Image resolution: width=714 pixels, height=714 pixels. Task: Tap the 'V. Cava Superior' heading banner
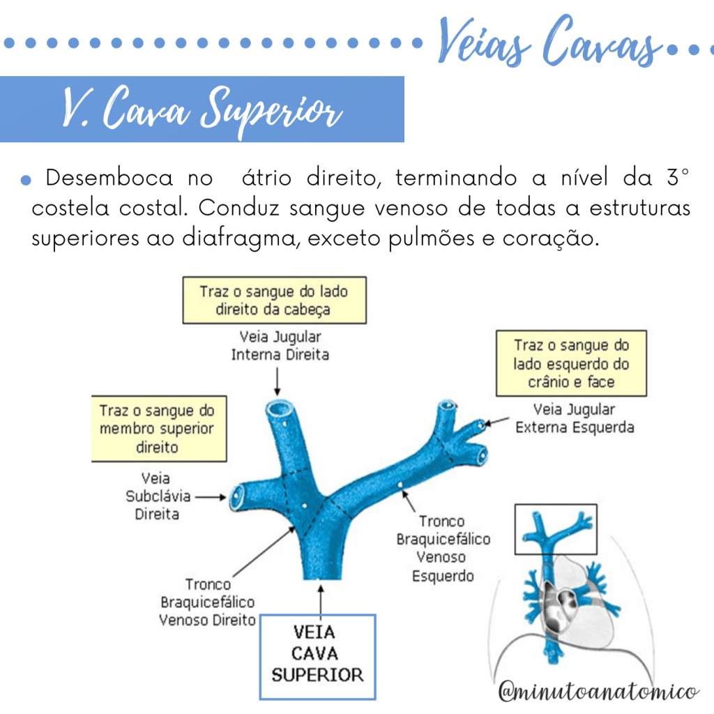202,109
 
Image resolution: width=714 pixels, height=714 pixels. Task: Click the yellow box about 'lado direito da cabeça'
274,300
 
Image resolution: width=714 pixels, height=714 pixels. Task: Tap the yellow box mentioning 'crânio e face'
571,363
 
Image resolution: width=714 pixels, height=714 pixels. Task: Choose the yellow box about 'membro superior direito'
159,428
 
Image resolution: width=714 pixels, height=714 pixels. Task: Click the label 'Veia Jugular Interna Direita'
280,346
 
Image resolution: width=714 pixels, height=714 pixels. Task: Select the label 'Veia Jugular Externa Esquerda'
575,418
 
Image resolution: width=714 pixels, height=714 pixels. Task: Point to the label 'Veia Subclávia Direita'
151,496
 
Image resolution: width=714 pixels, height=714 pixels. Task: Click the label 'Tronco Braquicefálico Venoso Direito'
208,602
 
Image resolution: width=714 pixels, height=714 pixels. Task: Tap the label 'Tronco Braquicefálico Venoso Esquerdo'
443,548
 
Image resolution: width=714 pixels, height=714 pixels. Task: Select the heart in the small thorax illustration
559,603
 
